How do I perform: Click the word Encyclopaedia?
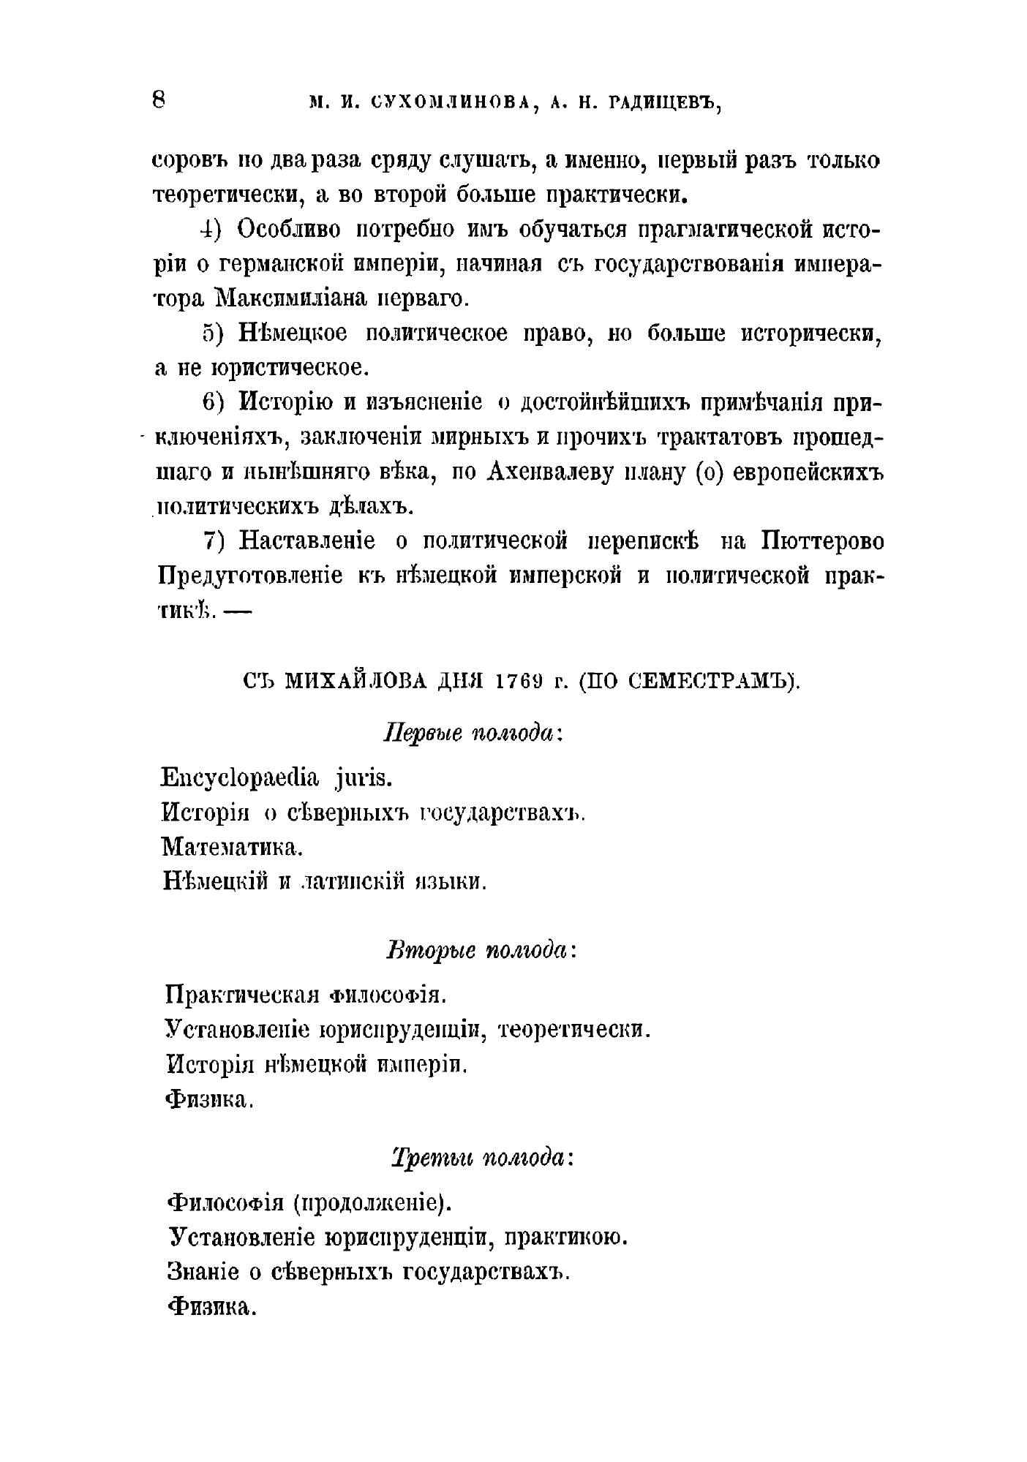click(239, 777)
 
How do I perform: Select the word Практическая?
click(242, 995)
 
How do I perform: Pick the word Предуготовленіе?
click(250, 576)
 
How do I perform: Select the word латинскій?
click(354, 882)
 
